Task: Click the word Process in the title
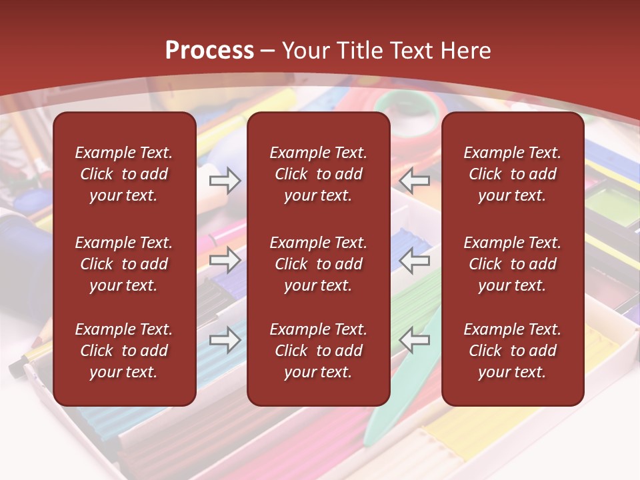pyautogui.click(x=209, y=51)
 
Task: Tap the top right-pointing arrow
pyautogui.click(x=225, y=181)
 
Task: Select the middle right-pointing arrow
pyautogui.click(x=225, y=260)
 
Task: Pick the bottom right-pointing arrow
pyautogui.click(x=225, y=340)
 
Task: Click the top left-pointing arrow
pyautogui.click(x=414, y=181)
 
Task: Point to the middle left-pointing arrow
pyautogui.click(x=414, y=260)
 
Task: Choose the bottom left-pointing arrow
pyautogui.click(x=414, y=340)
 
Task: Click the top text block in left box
pyautogui.click(x=124, y=174)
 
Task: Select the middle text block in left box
pyautogui.click(x=124, y=264)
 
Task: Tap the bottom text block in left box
pyautogui.click(x=124, y=351)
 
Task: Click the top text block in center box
pyautogui.click(x=318, y=174)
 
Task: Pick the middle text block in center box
pyautogui.click(x=318, y=264)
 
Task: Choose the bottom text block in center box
pyautogui.click(x=318, y=351)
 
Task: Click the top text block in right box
pyautogui.click(x=512, y=174)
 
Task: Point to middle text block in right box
pyautogui.click(x=512, y=264)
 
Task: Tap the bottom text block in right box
pyautogui.click(x=512, y=351)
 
